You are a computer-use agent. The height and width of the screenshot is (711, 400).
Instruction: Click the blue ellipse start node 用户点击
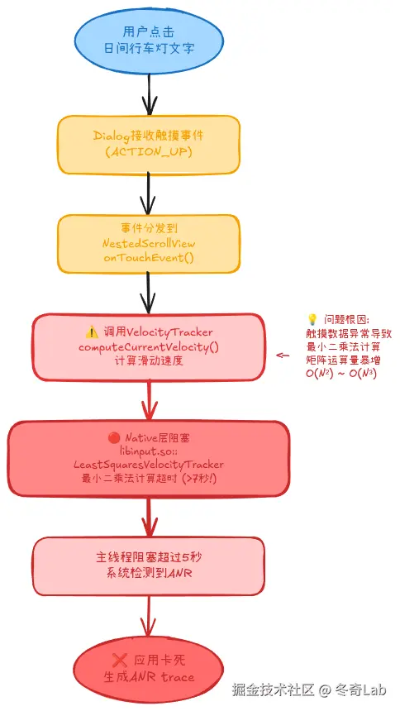[149, 39]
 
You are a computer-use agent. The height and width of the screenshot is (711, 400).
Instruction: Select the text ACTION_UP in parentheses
[149, 151]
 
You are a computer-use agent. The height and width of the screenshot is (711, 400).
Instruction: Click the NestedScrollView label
[149, 244]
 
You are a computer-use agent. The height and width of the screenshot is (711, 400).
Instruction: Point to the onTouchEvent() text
[149, 258]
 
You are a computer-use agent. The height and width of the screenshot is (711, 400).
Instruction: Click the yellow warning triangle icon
[91, 332]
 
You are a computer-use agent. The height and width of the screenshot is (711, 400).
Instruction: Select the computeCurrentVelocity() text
[149, 346]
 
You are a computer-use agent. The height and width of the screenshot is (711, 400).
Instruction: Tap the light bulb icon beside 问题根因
[312, 318]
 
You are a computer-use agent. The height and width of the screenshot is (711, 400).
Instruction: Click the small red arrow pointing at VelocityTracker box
[283, 355]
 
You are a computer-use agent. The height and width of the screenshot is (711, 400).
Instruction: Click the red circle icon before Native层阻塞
[115, 437]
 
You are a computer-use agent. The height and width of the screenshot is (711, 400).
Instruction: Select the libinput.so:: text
[149, 451]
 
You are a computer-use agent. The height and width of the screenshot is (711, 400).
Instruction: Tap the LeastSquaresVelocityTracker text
[149, 465]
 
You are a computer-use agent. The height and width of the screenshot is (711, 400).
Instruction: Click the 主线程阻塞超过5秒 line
[149, 557]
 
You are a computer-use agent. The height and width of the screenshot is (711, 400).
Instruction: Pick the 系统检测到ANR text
[149, 573]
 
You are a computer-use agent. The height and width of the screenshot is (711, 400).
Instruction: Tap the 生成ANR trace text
[149, 676]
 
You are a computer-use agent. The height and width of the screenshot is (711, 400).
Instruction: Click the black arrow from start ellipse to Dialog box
[149, 93]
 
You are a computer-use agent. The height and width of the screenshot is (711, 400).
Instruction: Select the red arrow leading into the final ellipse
[149, 616]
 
